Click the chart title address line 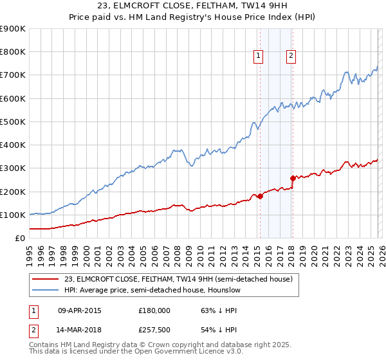tap(193, 6)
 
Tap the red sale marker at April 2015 tap(260, 197)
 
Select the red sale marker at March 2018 tap(293, 178)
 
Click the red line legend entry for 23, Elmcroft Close tap(178, 279)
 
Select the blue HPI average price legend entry tap(152, 290)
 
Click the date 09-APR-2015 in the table tap(79, 310)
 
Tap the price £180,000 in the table tap(154, 310)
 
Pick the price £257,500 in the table tap(154, 330)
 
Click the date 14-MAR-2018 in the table tap(79, 330)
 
